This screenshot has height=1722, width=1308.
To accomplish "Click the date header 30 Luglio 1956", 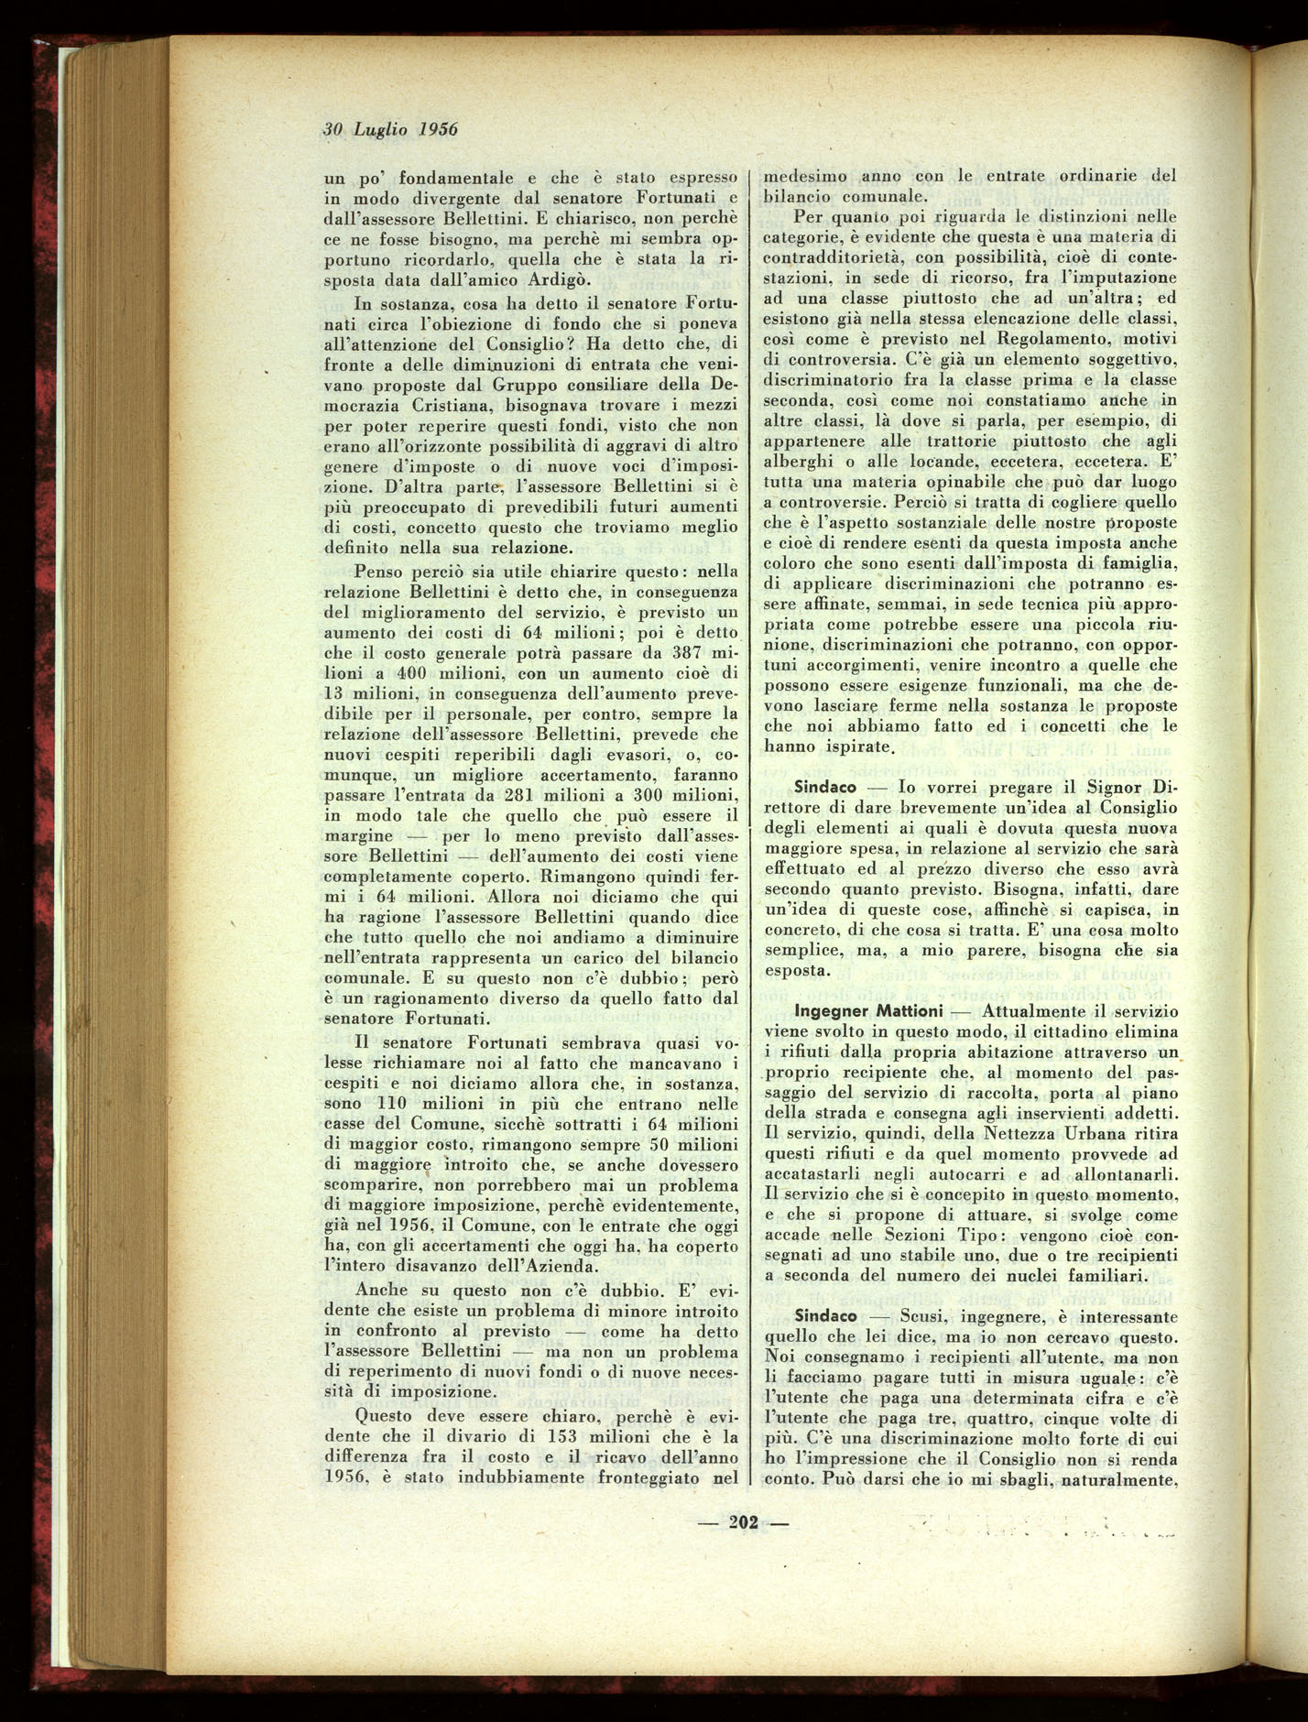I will pos(389,129).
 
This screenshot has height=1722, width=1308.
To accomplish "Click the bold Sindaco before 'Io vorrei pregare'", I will pos(825,787).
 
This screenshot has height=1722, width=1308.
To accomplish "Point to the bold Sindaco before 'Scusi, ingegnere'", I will pos(825,1315).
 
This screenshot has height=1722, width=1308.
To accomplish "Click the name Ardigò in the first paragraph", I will pos(563,280).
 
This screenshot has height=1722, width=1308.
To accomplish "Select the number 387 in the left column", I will pos(669,654).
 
